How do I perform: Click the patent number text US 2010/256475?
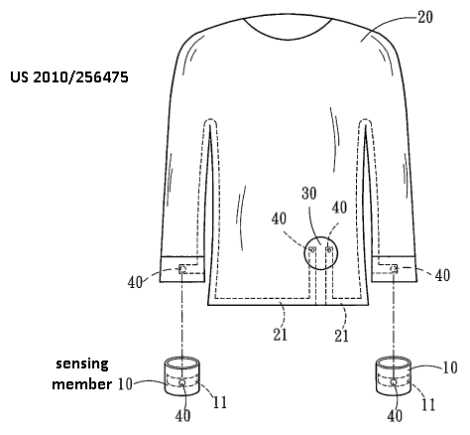pos(69,77)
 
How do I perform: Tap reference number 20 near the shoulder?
pos(425,17)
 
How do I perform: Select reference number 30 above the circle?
pos(309,193)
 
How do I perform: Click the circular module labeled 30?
pos(320,237)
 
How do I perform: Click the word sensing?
pos(82,364)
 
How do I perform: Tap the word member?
pos(82,384)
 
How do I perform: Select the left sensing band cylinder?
pos(182,376)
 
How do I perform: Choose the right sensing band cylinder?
pos(394,375)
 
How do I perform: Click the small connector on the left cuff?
pos(182,268)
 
